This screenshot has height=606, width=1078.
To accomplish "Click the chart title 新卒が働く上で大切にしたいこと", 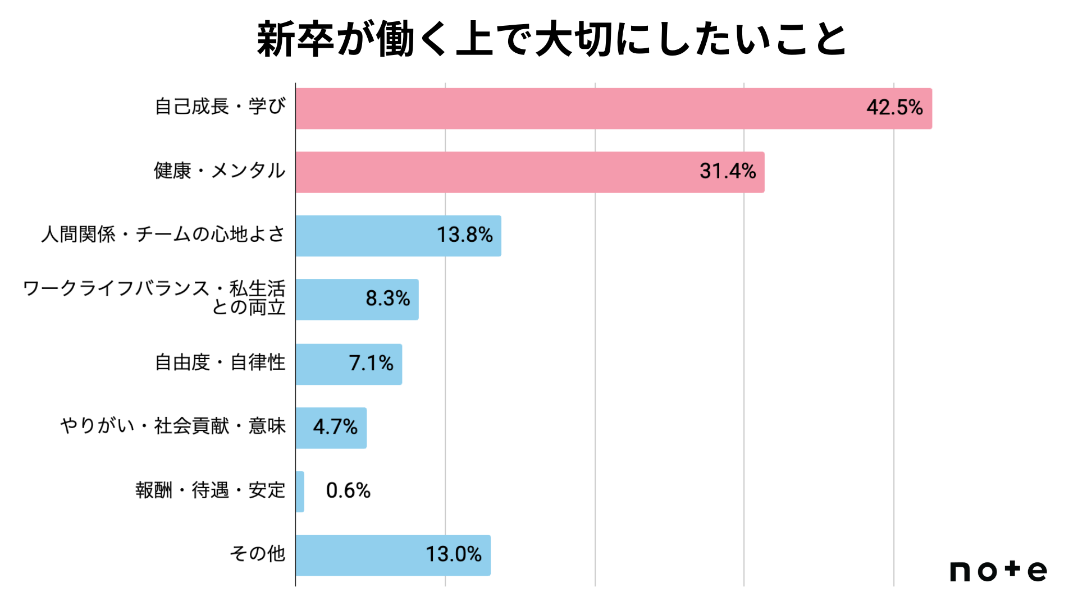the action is (x=552, y=39).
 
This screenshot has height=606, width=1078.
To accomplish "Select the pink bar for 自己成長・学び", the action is (x=614, y=108).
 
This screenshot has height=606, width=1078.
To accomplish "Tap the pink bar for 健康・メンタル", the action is (x=530, y=172).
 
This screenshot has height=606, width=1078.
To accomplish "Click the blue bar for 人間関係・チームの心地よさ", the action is (x=399, y=236).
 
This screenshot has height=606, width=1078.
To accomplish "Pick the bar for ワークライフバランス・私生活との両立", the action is (x=357, y=300).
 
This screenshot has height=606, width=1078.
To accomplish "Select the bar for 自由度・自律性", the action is (x=349, y=364).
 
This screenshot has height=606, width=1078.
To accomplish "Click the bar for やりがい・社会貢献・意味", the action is (x=331, y=428).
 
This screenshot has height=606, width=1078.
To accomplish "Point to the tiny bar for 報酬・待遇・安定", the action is (x=300, y=492).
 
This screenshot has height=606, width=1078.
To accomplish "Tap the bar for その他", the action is (x=393, y=555).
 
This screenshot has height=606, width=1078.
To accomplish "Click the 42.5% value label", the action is (x=894, y=107).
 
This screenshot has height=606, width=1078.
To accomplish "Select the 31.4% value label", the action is (x=728, y=171).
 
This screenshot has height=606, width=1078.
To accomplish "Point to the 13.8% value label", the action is (x=465, y=235).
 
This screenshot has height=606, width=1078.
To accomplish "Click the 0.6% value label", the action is (x=348, y=490).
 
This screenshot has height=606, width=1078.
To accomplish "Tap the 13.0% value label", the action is (x=454, y=554).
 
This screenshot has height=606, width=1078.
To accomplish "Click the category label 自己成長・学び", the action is (x=220, y=106).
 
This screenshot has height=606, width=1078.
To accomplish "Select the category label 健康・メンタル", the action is (x=220, y=170).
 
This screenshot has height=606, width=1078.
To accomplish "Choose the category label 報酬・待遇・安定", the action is (x=211, y=490).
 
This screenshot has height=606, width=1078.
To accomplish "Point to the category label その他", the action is (x=258, y=554).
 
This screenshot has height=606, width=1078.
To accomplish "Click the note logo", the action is (x=999, y=571).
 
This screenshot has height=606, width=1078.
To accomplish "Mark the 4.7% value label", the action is (x=335, y=427).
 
